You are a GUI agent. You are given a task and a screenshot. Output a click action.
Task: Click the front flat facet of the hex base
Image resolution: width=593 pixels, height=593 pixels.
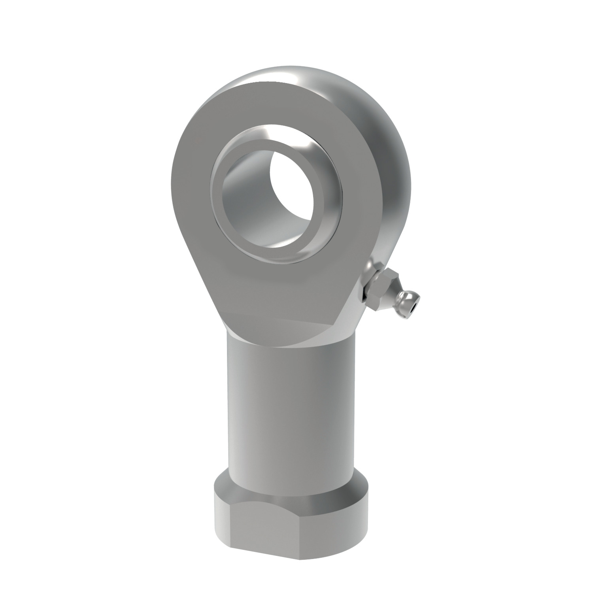285,522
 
